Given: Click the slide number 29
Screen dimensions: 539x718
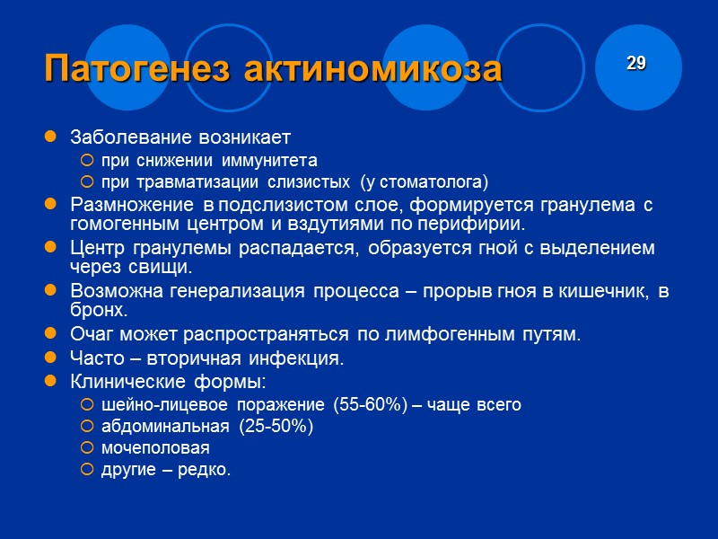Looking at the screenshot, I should pyautogui.click(x=636, y=63).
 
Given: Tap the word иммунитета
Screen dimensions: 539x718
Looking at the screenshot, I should pyautogui.click(x=267, y=161).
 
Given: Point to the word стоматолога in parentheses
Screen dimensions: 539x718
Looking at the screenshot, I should pyautogui.click(x=432, y=182).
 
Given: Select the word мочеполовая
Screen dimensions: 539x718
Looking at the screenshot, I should pyautogui.click(x=155, y=447).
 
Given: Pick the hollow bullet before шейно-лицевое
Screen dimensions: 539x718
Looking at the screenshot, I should pyautogui.click(x=86, y=404).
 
